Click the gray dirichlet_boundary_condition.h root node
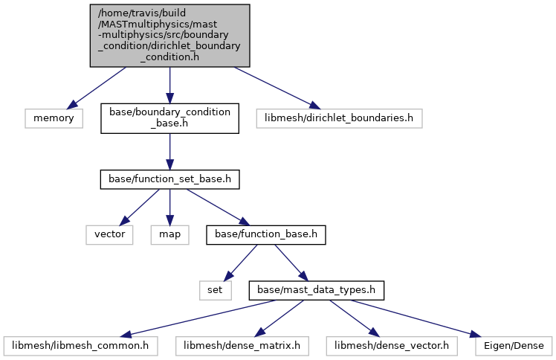170,36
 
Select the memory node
54,118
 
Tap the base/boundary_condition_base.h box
170,118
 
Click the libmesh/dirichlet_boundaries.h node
340,118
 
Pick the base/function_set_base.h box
170,179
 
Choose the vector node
109,234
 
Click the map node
170,234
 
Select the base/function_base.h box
266,234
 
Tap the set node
216,290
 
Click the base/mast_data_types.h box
317,290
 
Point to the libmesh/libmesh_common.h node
80,346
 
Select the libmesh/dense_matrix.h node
242,346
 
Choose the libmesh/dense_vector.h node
392,346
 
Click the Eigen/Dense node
514,346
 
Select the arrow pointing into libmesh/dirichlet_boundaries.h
277,88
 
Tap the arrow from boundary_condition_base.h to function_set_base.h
170,152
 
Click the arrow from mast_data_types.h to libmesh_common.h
198,318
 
